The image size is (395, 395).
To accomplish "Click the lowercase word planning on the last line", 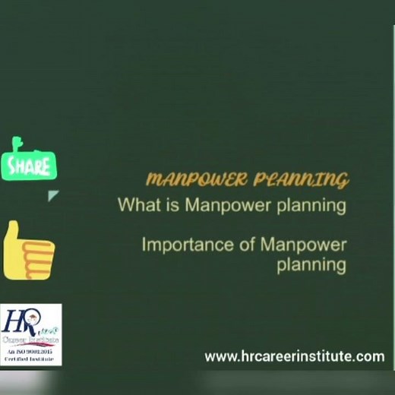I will pos(311,265).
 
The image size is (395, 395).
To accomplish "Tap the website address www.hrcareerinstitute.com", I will pos(294,355).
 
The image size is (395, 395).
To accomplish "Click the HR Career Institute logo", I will pos(30,334).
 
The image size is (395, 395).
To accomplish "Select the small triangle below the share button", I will pos(53,196).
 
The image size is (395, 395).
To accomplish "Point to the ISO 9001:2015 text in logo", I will pos(30,352).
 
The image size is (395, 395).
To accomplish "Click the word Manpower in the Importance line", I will pos(303,245).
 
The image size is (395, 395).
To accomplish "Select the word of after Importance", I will pos(247,245).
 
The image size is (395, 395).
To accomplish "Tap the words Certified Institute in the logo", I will pos(30,360).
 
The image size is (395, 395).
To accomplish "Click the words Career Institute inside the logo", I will pos(30,342).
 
